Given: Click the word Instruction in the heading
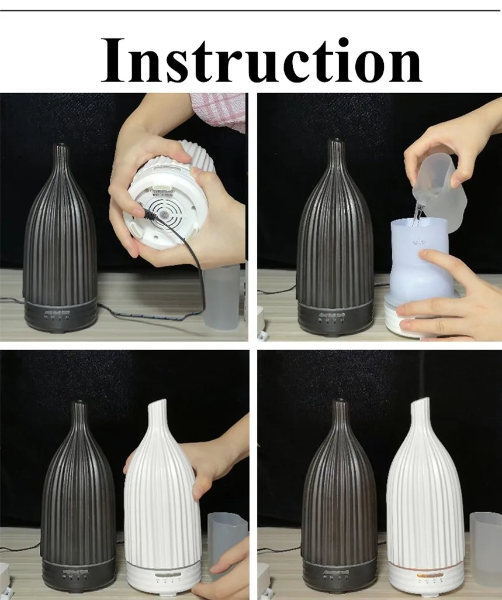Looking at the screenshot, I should click(x=261, y=60).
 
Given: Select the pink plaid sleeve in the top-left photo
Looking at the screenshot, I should click(x=219, y=108).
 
